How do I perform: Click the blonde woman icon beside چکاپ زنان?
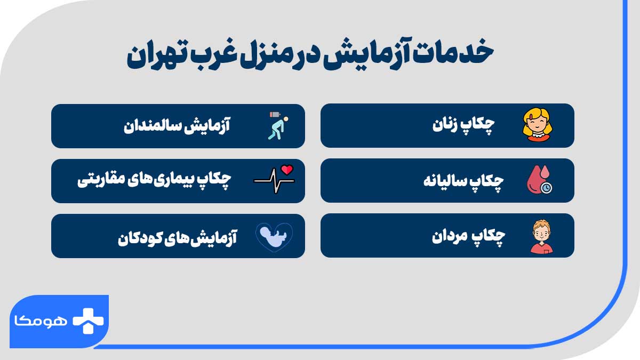(539, 125)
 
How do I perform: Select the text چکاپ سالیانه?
(463, 181)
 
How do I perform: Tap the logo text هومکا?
(39, 321)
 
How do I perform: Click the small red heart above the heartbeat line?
(288, 170)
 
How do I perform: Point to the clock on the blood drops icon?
(546, 187)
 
